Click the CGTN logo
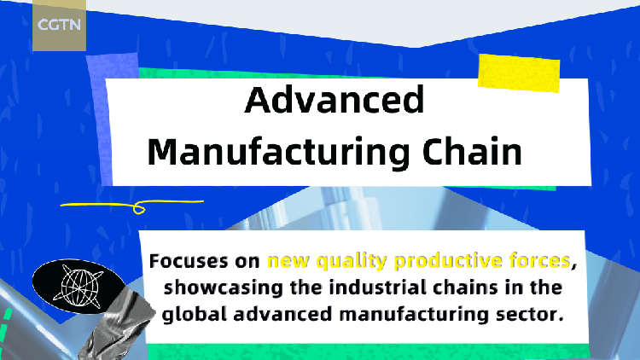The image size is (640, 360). tap(59, 26)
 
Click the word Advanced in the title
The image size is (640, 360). tap(335, 101)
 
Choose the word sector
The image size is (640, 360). tap(532, 313)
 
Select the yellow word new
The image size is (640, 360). tap(283, 260)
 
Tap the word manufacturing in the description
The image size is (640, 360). tap(408, 313)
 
